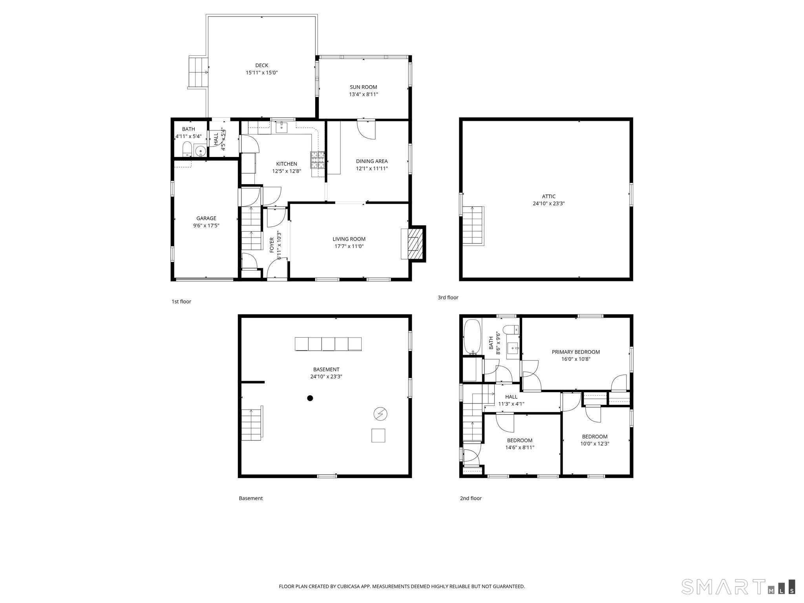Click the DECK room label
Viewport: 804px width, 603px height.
point(261,66)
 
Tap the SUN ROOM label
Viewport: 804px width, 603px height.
point(364,87)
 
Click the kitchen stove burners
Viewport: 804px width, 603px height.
point(318,160)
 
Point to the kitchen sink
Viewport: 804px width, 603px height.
point(282,127)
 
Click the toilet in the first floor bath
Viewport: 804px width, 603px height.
point(187,150)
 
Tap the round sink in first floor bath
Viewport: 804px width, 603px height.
point(201,151)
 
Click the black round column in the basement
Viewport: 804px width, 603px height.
point(310,398)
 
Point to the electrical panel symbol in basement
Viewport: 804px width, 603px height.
point(380,414)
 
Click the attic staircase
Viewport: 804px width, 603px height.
point(473,226)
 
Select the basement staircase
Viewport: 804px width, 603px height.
point(252,424)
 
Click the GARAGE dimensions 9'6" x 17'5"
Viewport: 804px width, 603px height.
point(206,226)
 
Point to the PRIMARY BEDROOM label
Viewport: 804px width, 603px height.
point(576,352)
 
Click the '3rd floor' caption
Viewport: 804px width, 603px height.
point(448,298)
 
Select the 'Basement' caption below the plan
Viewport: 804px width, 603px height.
point(251,498)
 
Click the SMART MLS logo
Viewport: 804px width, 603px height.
point(738,587)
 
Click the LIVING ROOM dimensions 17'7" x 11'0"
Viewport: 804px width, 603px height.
point(349,246)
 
